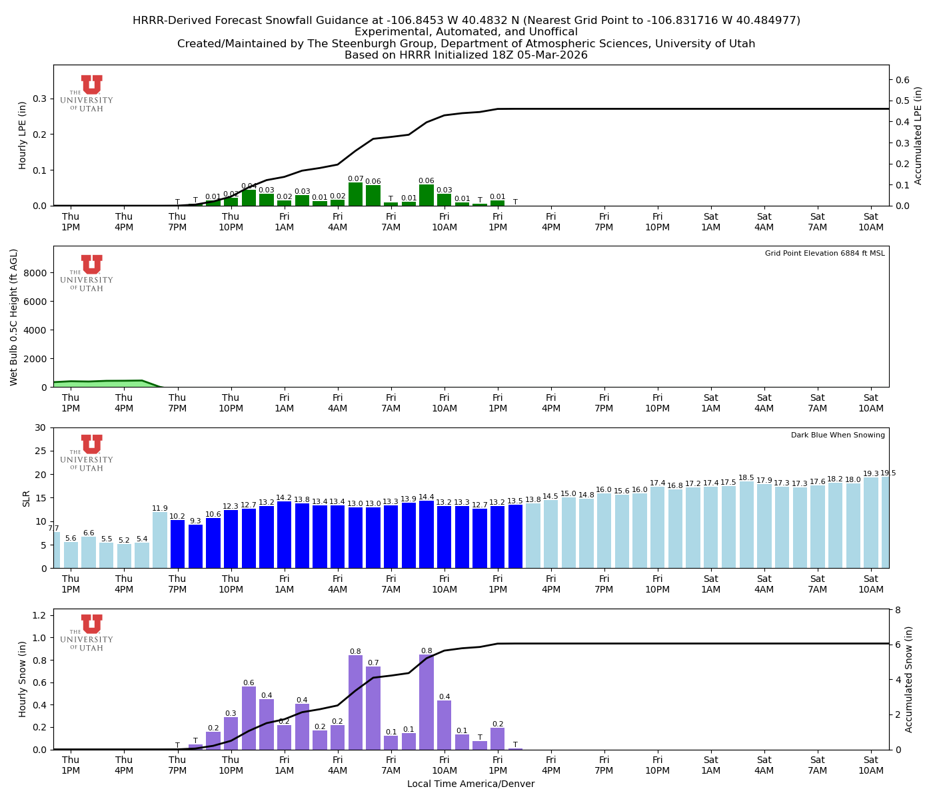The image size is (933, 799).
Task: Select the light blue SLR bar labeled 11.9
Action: (x=160, y=541)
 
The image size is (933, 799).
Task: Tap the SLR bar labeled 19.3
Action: (x=871, y=523)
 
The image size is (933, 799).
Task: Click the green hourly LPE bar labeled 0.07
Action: (x=355, y=194)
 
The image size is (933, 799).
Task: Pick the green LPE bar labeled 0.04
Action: (x=249, y=198)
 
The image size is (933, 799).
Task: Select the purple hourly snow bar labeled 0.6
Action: (x=249, y=719)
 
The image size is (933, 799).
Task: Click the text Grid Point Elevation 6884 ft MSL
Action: (x=824, y=254)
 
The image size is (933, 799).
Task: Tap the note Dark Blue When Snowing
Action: (x=838, y=435)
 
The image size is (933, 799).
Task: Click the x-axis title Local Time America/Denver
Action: (x=470, y=784)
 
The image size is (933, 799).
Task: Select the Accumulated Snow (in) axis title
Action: (x=909, y=679)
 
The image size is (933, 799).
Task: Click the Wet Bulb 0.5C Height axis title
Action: (x=14, y=317)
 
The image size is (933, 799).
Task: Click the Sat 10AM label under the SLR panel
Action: (x=870, y=585)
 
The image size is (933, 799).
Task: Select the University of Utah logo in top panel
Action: (x=87, y=93)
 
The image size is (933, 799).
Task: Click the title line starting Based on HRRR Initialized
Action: (x=466, y=55)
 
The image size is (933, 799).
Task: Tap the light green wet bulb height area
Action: (x=100, y=384)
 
